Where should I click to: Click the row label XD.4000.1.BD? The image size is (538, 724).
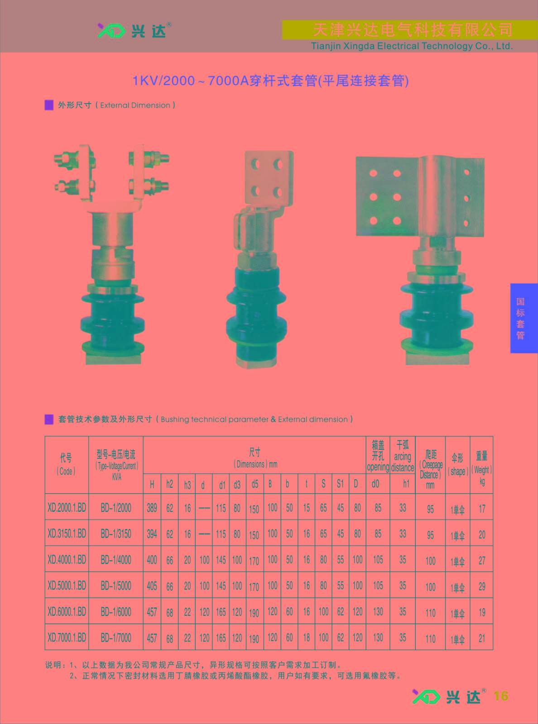click(x=67, y=560)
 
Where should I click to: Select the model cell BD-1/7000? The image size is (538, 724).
click(x=116, y=638)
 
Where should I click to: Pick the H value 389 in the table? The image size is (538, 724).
click(x=152, y=508)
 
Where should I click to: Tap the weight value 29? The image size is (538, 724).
click(x=482, y=586)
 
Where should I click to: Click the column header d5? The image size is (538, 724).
click(x=255, y=484)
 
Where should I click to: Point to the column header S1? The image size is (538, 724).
click(x=341, y=484)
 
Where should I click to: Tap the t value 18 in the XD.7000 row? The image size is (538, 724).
click(x=307, y=638)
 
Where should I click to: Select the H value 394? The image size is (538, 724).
click(x=152, y=534)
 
